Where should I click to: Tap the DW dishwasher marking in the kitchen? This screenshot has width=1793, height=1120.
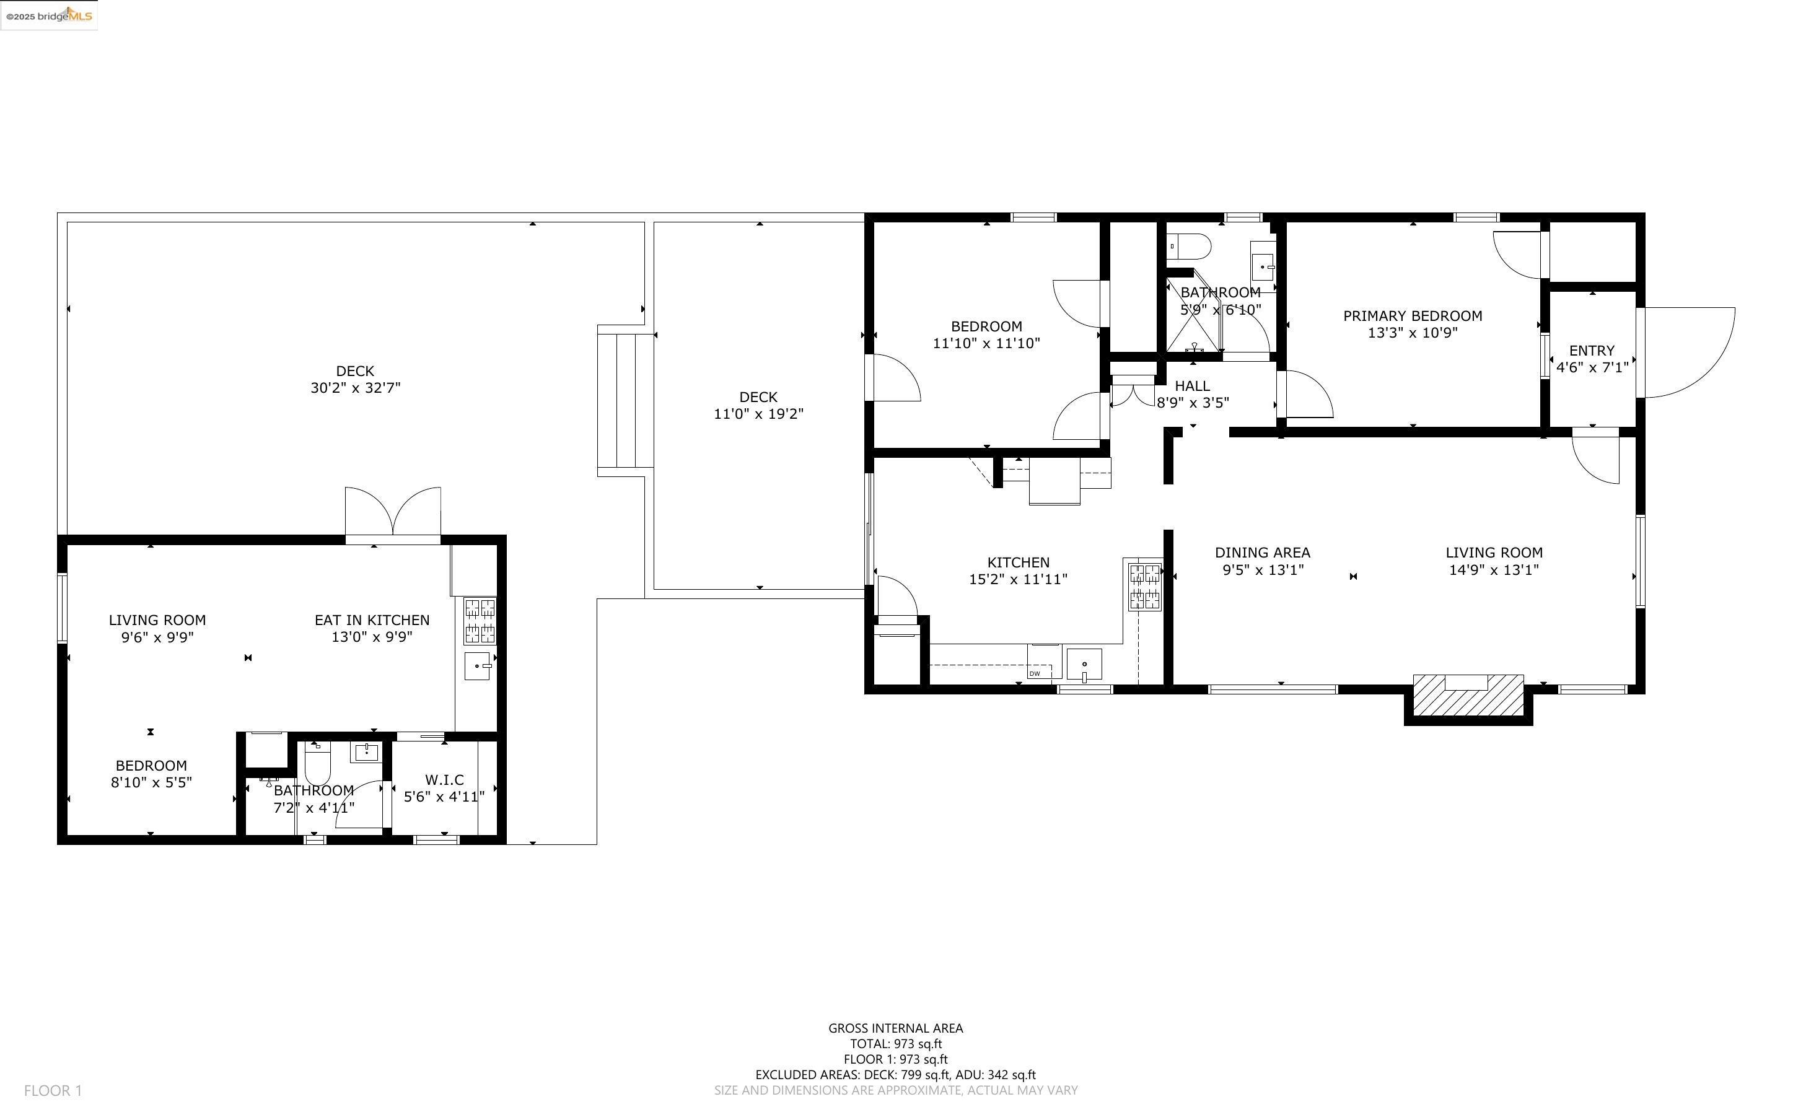1035,673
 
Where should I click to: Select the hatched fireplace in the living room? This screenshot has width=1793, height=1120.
1468,695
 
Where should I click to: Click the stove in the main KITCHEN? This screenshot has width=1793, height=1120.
1144,586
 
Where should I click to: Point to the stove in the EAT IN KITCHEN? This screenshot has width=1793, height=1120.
480,621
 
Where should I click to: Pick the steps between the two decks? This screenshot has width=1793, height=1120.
625,400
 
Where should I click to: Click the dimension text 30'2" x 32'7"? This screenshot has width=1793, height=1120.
356,387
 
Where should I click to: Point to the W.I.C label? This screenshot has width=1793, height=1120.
444,779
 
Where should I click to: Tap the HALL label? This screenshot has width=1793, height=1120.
1193,386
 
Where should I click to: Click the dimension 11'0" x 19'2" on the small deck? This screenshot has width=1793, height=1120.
758,414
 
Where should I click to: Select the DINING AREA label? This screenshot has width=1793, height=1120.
1263,553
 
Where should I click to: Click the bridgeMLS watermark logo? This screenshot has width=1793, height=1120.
49,15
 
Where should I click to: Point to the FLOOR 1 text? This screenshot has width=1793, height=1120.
53,1090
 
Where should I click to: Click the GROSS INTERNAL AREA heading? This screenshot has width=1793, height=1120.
895,1028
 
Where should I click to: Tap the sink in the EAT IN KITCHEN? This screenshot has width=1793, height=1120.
478,666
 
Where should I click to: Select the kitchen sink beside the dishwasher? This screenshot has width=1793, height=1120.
1084,663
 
